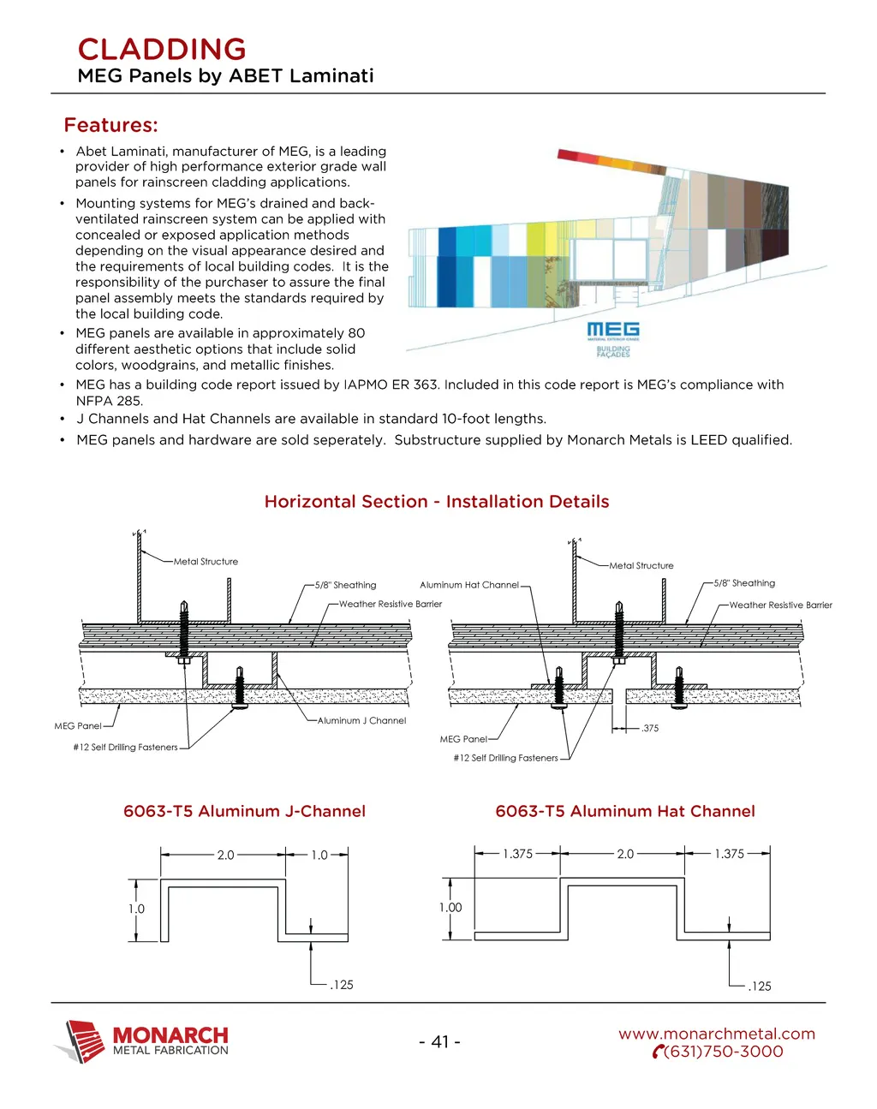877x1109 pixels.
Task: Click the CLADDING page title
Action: tap(162, 49)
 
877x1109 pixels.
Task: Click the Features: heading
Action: tap(111, 125)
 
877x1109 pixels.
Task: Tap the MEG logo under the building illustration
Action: tap(612, 331)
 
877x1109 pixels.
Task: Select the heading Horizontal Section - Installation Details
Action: tap(437, 502)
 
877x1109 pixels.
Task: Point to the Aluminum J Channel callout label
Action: tap(361, 720)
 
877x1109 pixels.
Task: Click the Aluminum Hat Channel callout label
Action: tap(469, 585)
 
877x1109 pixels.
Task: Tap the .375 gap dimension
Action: tap(650, 728)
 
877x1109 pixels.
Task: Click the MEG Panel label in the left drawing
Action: tap(78, 725)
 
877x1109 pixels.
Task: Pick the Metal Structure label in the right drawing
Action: tap(641, 565)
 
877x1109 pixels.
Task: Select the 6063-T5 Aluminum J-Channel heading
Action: tap(244, 811)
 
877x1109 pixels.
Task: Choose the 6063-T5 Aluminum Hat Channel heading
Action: tap(625, 811)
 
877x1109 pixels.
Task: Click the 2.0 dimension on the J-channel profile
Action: tap(225, 855)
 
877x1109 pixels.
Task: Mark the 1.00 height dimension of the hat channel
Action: tap(450, 908)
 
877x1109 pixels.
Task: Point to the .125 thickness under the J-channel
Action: tap(342, 985)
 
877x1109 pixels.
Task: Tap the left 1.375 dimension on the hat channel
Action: tap(517, 854)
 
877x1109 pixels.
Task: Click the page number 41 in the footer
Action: tap(439, 1041)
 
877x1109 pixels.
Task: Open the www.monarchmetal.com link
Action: tap(717, 1034)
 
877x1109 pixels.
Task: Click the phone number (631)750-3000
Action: tap(723, 1052)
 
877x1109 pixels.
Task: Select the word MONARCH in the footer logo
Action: tap(170, 1036)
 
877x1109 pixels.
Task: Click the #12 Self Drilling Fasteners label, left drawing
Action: tap(126, 747)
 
